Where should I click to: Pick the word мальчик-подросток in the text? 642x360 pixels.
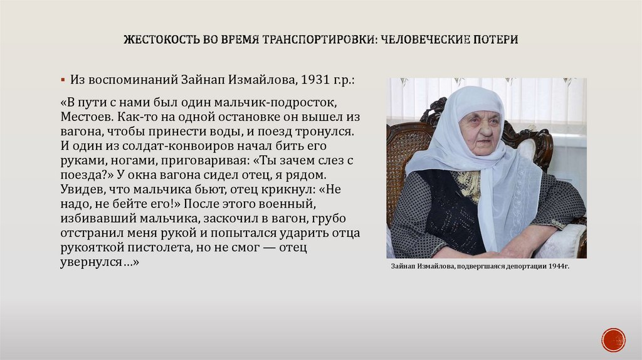coord(289,102)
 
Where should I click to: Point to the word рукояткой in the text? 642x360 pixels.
coord(92,248)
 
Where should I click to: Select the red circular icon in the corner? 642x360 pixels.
coord(613,339)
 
